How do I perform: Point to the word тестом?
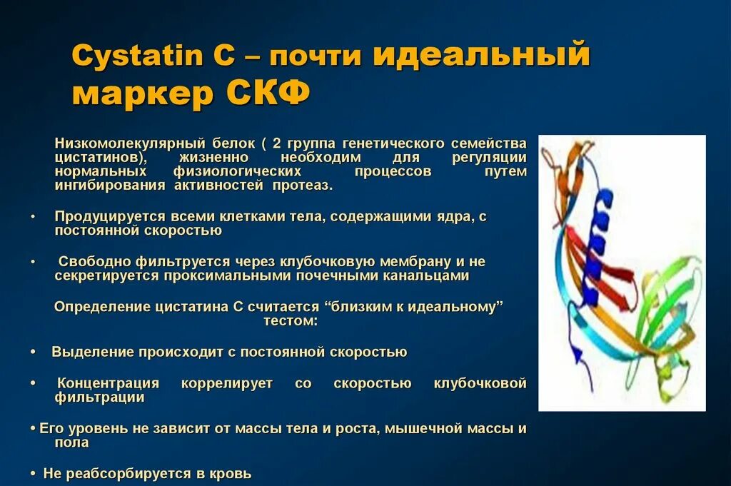(x=290, y=321)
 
